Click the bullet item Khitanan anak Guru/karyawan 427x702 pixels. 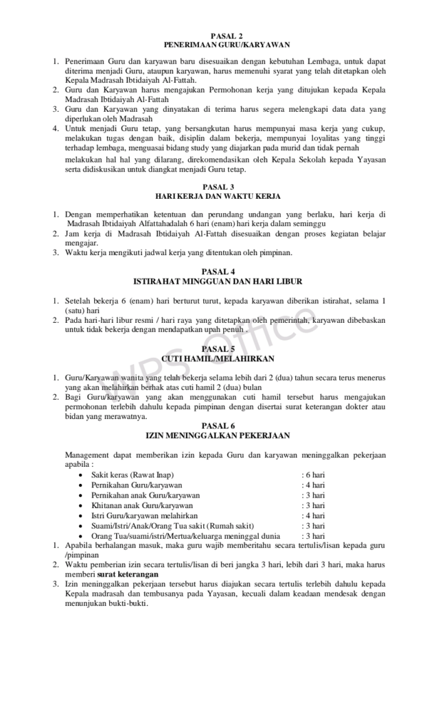click(132, 505)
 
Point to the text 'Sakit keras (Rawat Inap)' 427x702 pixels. click(132, 474)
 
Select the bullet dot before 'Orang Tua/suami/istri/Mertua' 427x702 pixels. click(83, 536)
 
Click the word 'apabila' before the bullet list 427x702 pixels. click(78, 464)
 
